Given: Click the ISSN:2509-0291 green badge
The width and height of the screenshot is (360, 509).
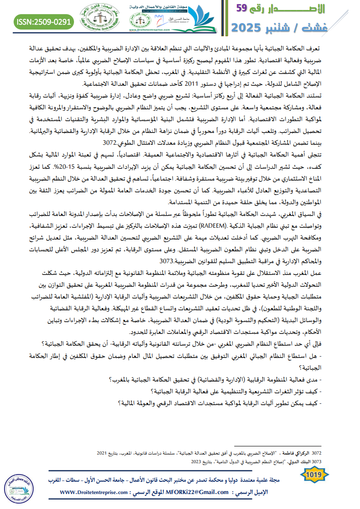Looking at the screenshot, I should pos(44,21).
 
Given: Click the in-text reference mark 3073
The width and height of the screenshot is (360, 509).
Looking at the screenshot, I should pos(167,261).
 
